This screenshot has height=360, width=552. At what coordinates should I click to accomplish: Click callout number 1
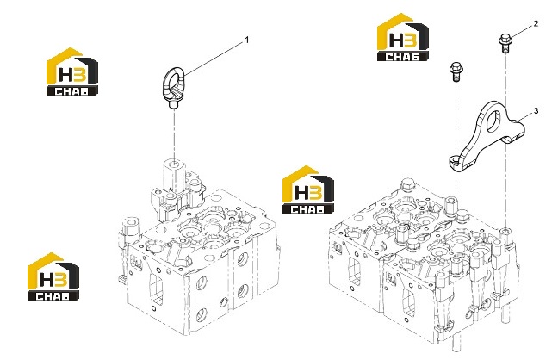click(247, 40)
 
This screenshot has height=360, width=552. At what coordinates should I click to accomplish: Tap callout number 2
click(536, 23)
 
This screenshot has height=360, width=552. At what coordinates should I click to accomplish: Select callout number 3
click(536, 111)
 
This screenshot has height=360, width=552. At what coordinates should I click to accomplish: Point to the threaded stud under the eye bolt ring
click(172, 105)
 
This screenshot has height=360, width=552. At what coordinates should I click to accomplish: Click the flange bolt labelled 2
click(505, 43)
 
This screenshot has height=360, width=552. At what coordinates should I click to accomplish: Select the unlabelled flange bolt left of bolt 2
click(456, 72)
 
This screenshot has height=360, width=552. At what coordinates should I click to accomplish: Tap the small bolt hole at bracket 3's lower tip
click(455, 162)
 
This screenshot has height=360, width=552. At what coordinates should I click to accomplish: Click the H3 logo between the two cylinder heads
click(308, 189)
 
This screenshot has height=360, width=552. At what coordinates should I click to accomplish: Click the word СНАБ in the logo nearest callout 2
click(403, 56)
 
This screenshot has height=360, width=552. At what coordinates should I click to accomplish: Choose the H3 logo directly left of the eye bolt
click(72, 71)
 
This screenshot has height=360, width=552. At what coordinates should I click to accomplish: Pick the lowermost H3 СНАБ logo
click(53, 276)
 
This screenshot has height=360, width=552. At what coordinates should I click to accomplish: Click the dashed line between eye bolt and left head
click(174, 134)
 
